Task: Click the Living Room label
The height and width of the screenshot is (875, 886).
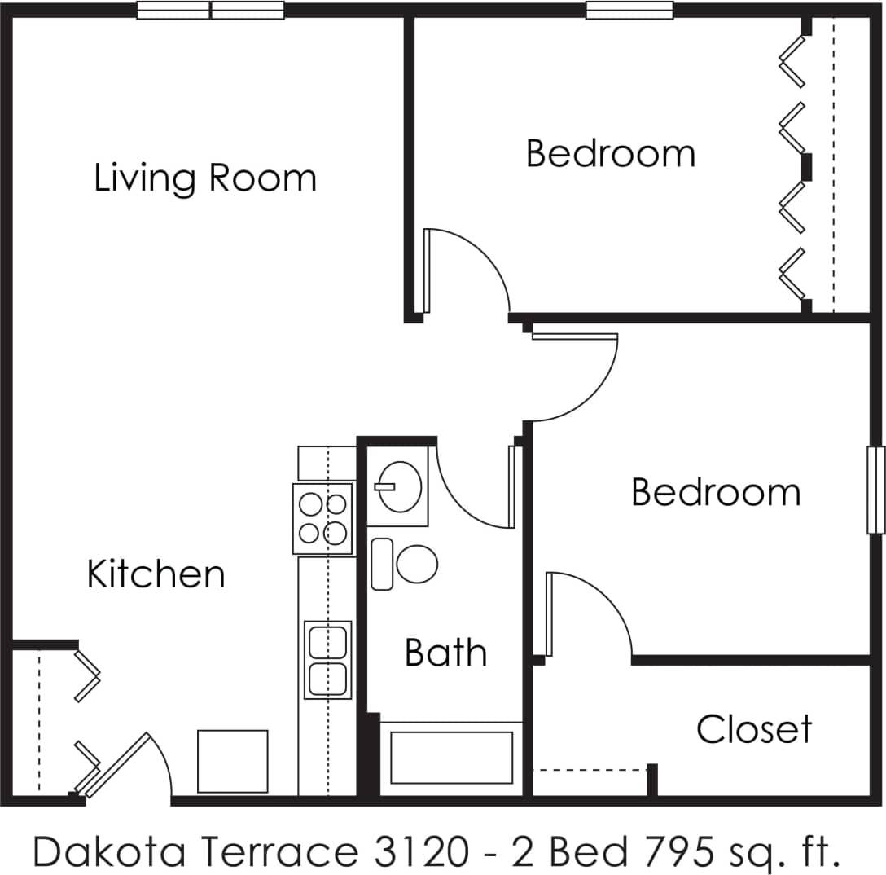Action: (x=205, y=178)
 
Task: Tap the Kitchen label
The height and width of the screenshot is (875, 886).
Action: (x=156, y=574)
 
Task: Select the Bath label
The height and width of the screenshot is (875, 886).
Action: (x=445, y=653)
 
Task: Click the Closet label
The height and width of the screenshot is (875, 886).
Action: (x=754, y=730)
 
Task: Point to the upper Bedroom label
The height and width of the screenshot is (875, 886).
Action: (x=611, y=154)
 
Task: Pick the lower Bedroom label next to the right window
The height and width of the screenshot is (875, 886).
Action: (x=716, y=493)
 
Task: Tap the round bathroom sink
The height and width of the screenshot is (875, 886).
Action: (x=399, y=486)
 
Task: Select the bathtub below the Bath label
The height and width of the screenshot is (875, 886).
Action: (x=451, y=758)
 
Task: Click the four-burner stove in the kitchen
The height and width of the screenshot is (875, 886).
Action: (x=323, y=519)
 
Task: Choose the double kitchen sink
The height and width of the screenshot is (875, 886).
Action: (x=327, y=660)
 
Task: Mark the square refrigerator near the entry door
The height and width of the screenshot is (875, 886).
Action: (x=233, y=761)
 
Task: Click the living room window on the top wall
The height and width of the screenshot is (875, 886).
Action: (x=210, y=11)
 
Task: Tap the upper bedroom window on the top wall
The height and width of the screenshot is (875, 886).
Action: (x=629, y=11)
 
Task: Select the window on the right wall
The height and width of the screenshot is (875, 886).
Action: (x=875, y=490)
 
